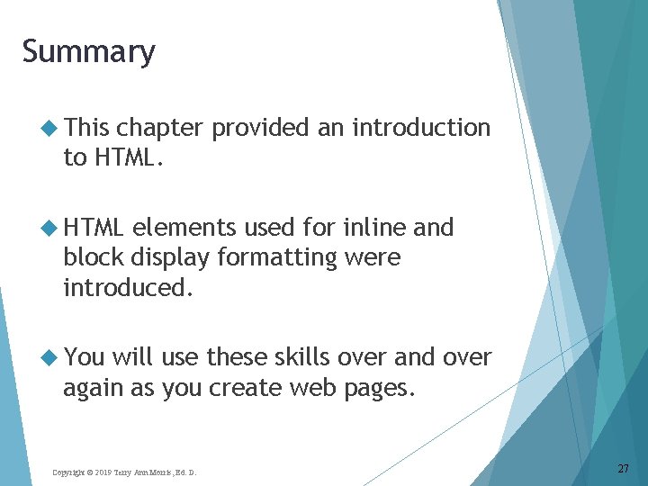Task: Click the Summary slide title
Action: click(88, 52)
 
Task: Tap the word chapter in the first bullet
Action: click(163, 129)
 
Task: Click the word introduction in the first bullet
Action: click(421, 129)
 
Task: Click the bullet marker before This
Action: click(50, 129)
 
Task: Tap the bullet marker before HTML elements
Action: click(50, 228)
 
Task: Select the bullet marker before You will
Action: click(50, 357)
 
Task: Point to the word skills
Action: click(298, 357)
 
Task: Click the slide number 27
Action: click(623, 468)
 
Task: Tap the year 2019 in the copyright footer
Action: click(101, 472)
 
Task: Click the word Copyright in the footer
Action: click(68, 472)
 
